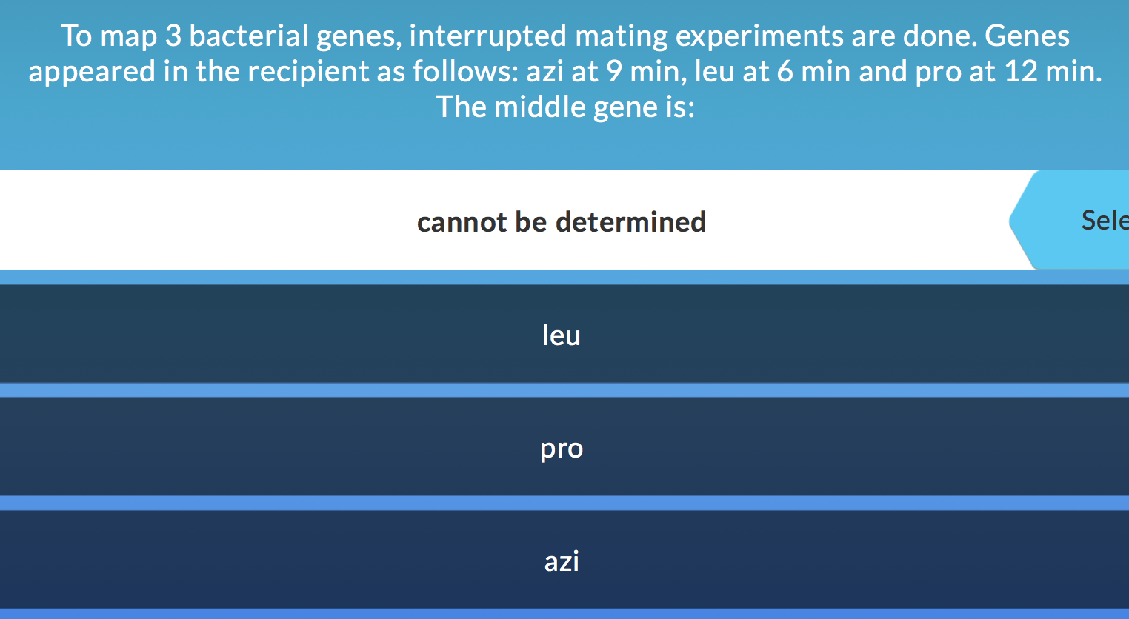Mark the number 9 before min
614,71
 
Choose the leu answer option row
562,335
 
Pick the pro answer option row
562,448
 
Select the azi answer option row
562,561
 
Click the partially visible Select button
1089,220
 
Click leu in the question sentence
714,71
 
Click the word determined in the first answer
630,221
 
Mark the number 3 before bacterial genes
173,36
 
